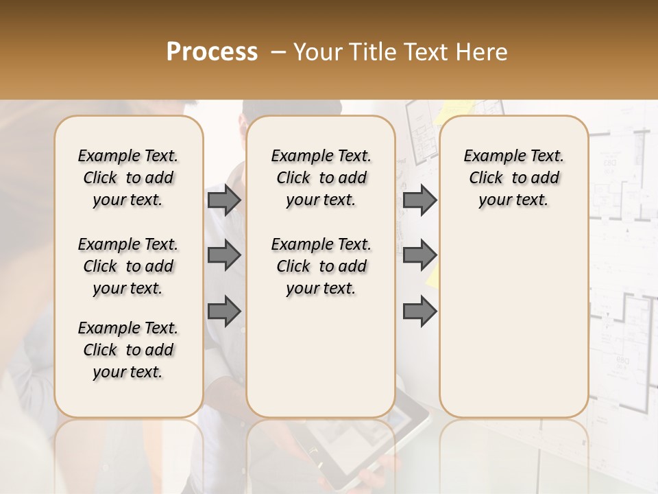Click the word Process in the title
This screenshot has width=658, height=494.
[x=212, y=52]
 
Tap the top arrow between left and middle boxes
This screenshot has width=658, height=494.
[x=224, y=200]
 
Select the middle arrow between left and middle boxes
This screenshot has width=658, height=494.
[x=224, y=256]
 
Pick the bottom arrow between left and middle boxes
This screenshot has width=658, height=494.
[x=224, y=311]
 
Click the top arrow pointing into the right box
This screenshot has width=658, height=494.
[x=419, y=200]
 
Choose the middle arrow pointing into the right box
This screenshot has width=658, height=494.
[x=419, y=256]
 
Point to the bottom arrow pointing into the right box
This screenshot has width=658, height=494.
[x=419, y=311]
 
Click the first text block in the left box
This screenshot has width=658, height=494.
[x=128, y=178]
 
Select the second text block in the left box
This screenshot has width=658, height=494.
[x=128, y=266]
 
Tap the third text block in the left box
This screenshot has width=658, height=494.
[x=128, y=350]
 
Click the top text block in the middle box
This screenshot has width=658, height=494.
[x=321, y=178]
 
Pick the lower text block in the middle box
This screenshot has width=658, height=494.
[x=321, y=266]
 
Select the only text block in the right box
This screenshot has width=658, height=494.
[x=513, y=178]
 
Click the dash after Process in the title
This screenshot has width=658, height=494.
[x=278, y=52]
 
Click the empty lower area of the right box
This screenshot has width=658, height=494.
[x=513, y=322]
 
